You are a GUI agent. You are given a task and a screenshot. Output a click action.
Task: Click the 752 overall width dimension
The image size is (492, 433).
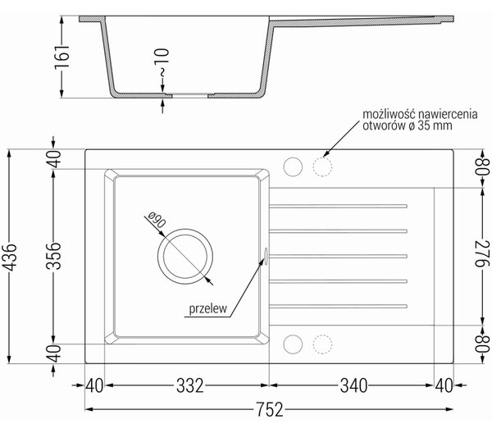point(270,409)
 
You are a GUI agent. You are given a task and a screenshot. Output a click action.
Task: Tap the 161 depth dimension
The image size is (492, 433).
point(61,57)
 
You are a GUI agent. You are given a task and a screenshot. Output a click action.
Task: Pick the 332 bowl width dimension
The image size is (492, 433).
point(190,385)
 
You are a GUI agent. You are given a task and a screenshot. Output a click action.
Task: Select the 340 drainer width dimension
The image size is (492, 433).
point(353,385)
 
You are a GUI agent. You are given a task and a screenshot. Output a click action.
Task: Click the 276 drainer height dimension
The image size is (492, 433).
point(482,253)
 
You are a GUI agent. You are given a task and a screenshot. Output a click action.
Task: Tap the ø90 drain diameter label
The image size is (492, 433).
point(157,220)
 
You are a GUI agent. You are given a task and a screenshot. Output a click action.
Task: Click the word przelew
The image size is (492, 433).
point(207,308)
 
